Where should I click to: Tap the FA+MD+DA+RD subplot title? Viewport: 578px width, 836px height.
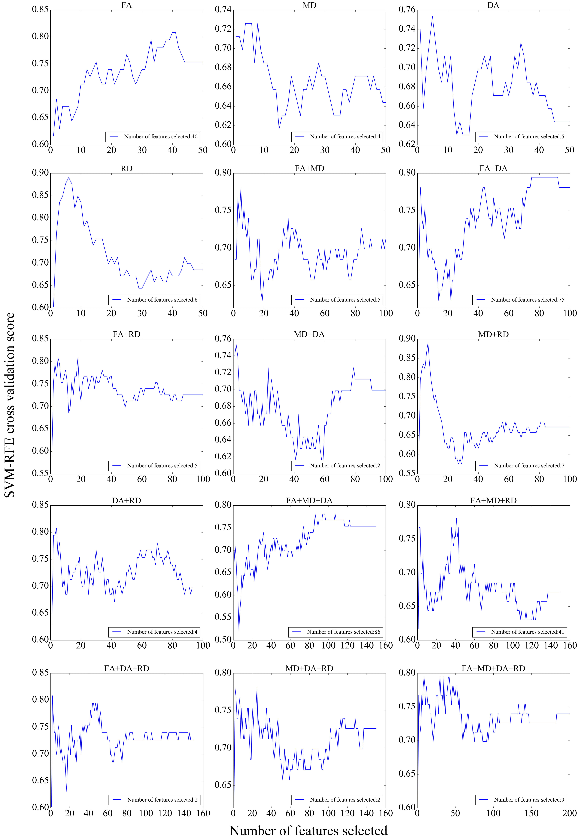[493, 668]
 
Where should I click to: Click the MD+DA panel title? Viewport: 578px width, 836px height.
[309, 334]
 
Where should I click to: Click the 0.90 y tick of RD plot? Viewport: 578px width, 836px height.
[40, 173]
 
